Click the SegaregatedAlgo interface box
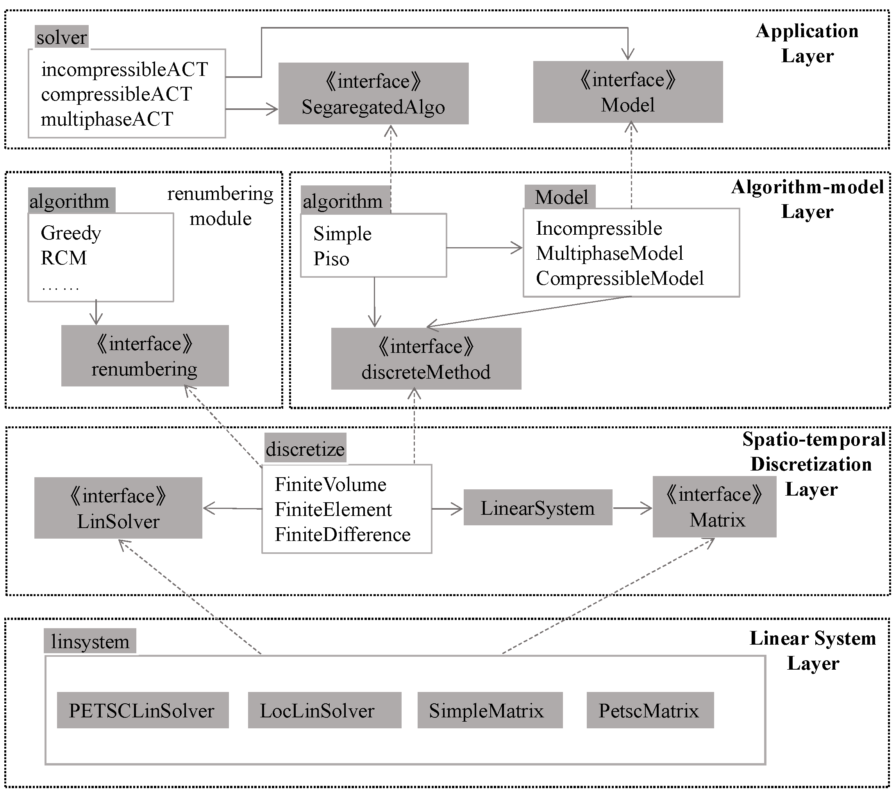pos(373,93)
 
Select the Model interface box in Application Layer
pos(627,92)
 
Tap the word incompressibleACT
pos(124,70)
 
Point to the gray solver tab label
pos(61,37)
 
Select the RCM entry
pos(64,258)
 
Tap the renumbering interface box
pos(145,356)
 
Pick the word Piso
pos(331,259)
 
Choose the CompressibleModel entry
pos(620,279)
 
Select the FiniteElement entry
pos(333,510)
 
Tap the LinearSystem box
pos(537,508)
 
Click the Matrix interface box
pos(714,507)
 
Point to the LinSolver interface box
pos(118,509)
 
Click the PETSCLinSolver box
pos(142,710)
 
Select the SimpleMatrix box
pos(489,710)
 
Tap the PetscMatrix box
pos(650,710)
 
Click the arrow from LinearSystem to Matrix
pos(632,509)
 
